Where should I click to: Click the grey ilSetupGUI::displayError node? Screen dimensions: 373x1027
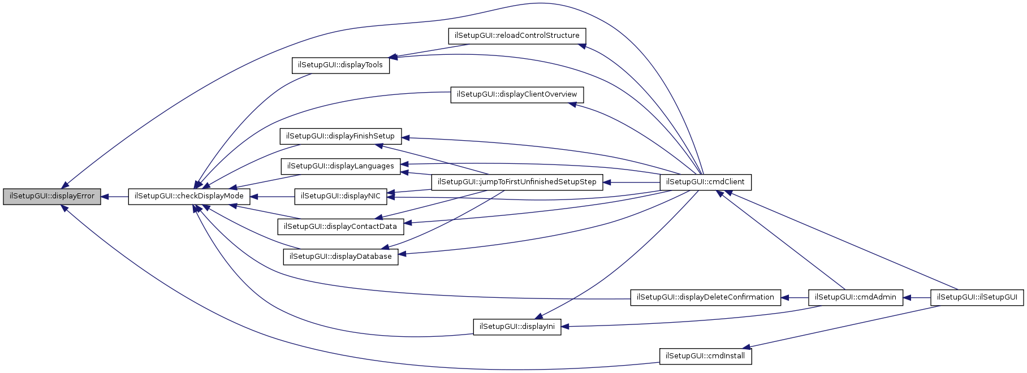tap(52, 196)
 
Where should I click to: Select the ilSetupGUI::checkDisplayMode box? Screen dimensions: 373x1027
tap(189, 196)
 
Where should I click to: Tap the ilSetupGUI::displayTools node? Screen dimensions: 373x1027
tap(340, 65)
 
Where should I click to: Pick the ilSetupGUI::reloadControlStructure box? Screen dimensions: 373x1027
tap(517, 36)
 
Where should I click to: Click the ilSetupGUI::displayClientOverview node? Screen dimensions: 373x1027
tap(517, 94)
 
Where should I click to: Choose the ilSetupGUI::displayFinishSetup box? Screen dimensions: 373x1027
tap(340, 136)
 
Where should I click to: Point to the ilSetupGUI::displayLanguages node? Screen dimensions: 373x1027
tap(340, 166)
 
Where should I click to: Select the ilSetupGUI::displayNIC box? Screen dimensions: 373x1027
tap(340, 196)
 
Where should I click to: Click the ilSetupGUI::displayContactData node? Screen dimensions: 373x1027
tap(340, 227)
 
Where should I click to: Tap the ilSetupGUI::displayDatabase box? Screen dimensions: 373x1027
tap(340, 257)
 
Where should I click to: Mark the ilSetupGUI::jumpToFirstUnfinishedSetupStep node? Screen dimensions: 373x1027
tap(517, 182)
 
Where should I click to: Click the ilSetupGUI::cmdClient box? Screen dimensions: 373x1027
tap(706, 182)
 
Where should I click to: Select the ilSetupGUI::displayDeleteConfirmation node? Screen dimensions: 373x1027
tap(705, 297)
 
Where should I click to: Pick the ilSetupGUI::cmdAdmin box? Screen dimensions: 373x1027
tap(856, 297)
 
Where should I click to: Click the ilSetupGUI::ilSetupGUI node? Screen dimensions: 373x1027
tap(977, 297)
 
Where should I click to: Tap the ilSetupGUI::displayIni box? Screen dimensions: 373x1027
tap(517, 327)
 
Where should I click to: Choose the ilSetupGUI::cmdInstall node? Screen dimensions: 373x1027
tap(705, 356)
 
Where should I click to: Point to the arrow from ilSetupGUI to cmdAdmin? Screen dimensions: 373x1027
tap(917, 297)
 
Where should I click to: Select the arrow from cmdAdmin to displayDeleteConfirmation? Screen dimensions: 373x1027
tap(795, 297)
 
